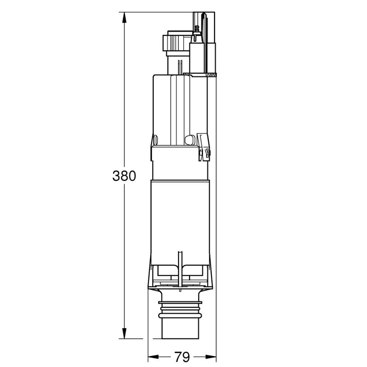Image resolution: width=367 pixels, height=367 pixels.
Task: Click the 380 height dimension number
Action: coord(124,175)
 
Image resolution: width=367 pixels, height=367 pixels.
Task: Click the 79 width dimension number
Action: coord(182,356)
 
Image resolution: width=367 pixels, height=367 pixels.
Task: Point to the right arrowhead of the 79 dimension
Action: coord(211,356)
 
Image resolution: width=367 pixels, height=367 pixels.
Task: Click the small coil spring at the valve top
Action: coord(196,31)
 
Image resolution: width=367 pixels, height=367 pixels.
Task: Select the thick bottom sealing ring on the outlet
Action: coord(181,315)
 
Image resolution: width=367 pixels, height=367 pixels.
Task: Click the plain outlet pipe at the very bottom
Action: coord(181,330)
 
